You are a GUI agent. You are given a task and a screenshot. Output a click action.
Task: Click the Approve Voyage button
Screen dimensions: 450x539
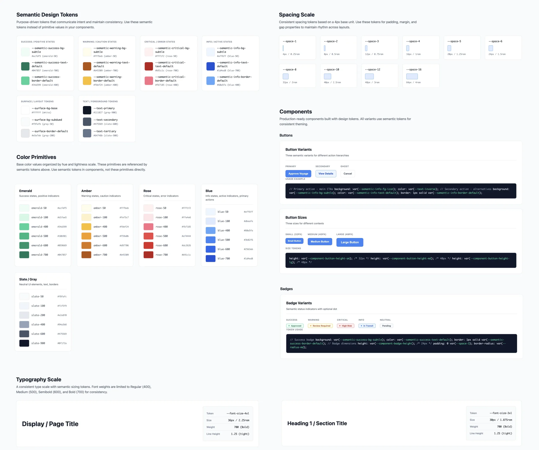pyautogui.click(x=298, y=174)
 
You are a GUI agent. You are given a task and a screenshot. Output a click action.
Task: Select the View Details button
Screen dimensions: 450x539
pyautogui.click(x=326, y=174)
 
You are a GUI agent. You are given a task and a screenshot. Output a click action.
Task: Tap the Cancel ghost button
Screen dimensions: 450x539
pyautogui.click(x=348, y=174)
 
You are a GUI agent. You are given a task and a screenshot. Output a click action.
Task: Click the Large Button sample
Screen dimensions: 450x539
pyautogui.click(x=350, y=242)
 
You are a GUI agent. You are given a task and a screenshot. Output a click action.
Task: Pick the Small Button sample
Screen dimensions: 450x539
pyautogui.click(x=294, y=241)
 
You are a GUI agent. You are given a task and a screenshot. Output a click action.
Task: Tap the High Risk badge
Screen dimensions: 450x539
pyautogui.click(x=346, y=326)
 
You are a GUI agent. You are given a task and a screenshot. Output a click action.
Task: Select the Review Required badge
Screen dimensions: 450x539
pyautogui.click(x=320, y=326)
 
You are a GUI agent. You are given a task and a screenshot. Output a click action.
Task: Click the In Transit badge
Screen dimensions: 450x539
pyautogui.click(x=367, y=326)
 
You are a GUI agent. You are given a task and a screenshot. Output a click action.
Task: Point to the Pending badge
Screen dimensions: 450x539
pyautogui.click(x=386, y=326)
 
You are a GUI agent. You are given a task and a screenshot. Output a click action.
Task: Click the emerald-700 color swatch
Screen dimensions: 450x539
pyautogui.click(x=24, y=255)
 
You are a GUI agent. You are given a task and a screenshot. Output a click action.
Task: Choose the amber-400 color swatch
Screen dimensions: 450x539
pyautogui.click(x=86, y=227)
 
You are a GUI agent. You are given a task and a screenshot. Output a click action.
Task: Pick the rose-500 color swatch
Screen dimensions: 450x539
pyautogui.click(x=148, y=236)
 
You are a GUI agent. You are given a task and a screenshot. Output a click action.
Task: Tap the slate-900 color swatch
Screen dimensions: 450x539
pyautogui.click(x=24, y=343)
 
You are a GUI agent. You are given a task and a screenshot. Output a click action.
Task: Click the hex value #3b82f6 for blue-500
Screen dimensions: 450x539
pyautogui.click(x=248, y=240)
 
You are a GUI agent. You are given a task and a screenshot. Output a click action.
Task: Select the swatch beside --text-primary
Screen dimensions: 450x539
pyautogui.click(x=87, y=110)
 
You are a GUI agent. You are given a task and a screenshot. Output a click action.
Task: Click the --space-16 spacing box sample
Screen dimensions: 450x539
pyautogui.click(x=412, y=76)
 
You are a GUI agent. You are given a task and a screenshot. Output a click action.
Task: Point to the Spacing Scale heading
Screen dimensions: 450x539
pyautogui.click(x=296, y=15)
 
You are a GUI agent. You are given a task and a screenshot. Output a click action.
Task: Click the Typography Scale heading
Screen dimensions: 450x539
pyautogui.click(x=39, y=380)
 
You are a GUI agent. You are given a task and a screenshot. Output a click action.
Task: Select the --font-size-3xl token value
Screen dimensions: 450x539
pyautogui.click(x=500, y=413)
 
